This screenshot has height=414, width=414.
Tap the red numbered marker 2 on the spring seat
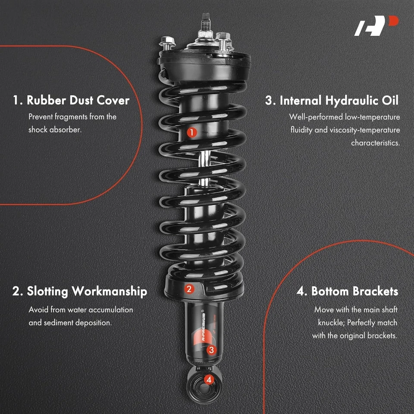click(188, 289)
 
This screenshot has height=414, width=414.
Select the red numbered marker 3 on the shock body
click(211, 350)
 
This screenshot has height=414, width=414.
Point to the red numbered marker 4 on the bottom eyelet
click(209, 379)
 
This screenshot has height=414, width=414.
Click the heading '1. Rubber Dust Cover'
click(71, 100)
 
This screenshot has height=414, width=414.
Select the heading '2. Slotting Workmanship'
click(80, 291)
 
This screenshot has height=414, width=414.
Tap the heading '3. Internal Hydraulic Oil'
click(332, 100)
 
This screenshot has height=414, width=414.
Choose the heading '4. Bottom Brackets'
click(347, 291)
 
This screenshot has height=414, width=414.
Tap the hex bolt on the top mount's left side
click(166, 42)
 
